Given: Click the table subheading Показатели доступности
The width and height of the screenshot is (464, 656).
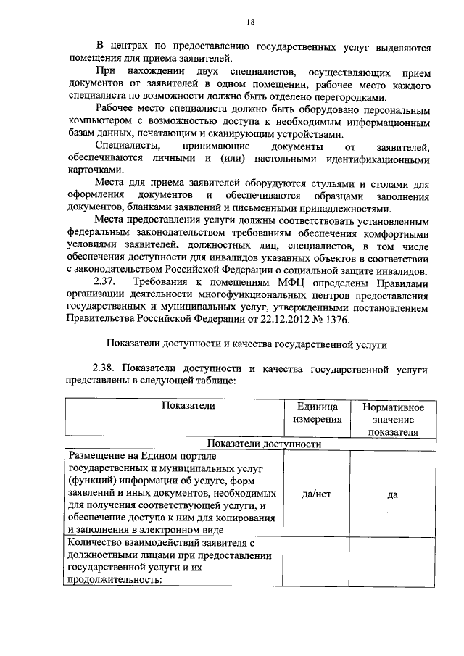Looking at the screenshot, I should [264, 444].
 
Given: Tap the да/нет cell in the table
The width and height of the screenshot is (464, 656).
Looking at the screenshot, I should [317, 494].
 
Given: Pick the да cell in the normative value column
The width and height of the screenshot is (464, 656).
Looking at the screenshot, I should [393, 494].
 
